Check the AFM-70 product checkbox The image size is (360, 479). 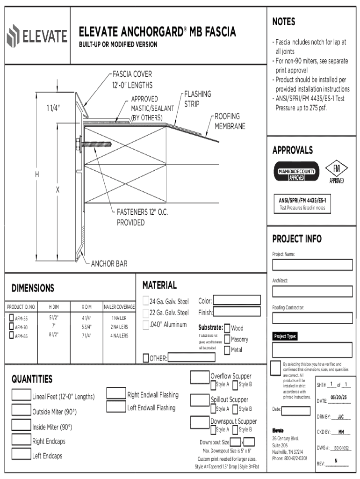(x=12, y=327)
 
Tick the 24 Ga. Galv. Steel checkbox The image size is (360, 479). (x=145, y=301)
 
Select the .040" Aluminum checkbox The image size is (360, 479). (x=145, y=325)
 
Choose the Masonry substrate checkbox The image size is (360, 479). (x=227, y=339)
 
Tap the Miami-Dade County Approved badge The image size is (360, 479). (x=296, y=171)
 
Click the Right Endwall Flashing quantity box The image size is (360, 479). (x=116, y=393)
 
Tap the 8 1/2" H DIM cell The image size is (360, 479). (x=54, y=335)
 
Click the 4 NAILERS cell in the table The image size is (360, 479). (x=119, y=335)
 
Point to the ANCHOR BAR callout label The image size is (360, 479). (x=109, y=264)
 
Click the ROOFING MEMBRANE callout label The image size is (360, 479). (x=230, y=121)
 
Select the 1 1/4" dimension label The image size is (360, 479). (x=53, y=108)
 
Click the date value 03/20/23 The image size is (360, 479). (x=338, y=398)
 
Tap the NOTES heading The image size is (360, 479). (x=284, y=22)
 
